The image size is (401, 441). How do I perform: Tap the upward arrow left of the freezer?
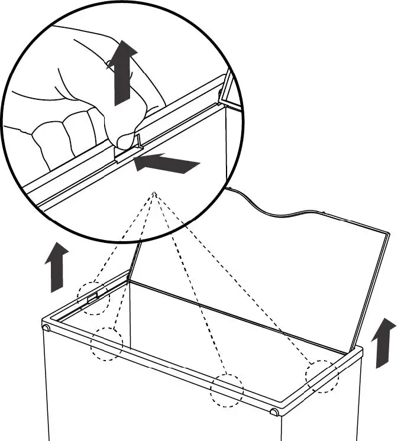click(57, 267)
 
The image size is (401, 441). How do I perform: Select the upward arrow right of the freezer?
click(384, 343)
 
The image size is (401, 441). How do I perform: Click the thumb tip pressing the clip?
click(125, 141)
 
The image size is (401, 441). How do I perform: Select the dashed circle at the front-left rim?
click(106, 343)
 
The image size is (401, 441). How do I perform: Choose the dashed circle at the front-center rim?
click(227, 390)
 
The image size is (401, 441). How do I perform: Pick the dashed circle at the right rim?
click(322, 376)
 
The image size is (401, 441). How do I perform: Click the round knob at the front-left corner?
click(46, 327)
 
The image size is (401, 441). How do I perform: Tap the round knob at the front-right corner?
click(274, 411)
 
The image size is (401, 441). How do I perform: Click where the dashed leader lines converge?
click(154, 193)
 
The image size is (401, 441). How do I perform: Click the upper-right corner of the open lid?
click(387, 232)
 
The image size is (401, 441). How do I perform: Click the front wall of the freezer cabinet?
click(160, 408)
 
